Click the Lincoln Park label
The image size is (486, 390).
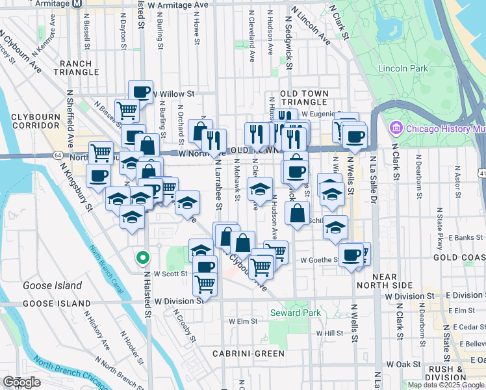(402, 68)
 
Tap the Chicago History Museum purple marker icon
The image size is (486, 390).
(396, 128)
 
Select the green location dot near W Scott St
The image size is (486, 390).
(142, 257)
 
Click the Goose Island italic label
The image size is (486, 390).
(52, 285)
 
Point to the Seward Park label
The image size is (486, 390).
(295, 313)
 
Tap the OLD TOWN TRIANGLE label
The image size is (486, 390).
(303, 98)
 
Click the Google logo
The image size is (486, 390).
(21, 382)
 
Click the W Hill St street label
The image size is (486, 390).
(329, 333)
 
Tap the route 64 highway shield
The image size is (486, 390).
(58, 156)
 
